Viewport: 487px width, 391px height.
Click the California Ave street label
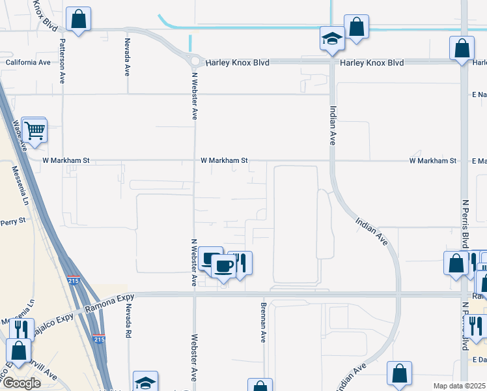27,63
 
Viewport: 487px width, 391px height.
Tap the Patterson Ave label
63,61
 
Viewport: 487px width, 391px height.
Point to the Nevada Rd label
129,321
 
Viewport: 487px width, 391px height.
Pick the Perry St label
12,221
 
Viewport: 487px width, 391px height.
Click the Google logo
22,383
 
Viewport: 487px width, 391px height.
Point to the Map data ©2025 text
460,386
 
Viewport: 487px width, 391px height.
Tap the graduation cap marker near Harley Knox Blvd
332,39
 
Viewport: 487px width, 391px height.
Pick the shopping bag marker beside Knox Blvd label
78,20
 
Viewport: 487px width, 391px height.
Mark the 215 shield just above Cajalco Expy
74,279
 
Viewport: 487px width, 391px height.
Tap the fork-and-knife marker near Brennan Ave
240,263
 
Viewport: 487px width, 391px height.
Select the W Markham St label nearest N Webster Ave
224,160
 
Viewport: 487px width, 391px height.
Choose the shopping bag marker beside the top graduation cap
357,27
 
